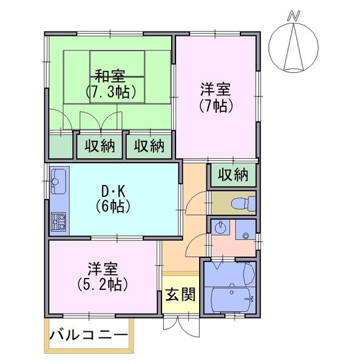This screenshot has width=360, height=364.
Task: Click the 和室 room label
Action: click(110, 76)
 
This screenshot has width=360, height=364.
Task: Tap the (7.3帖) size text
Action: click(110, 92)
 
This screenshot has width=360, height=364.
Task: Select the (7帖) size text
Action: click(216, 106)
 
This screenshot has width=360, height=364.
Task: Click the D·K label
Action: click(113, 192)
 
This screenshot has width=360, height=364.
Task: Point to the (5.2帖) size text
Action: click(103, 285)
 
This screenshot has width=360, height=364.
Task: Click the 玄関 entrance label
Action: click(180, 294)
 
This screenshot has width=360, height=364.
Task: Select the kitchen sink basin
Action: click(58, 181)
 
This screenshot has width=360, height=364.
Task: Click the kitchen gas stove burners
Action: click(58, 221)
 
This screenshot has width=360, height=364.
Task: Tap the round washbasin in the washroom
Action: click(220, 227)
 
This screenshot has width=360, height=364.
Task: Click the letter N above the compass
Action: click(294, 16)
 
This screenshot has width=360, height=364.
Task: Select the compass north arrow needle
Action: click(294, 47)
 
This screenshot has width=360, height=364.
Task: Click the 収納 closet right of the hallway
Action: click(233, 175)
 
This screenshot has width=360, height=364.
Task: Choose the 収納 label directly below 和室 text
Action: click(100, 146)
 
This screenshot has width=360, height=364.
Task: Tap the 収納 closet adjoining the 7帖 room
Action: click(149, 146)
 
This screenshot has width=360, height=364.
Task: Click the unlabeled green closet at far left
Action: click(61, 146)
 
